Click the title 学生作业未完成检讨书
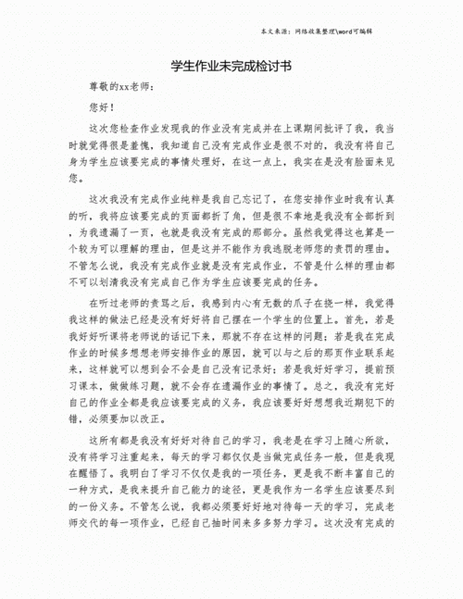tap(231, 67)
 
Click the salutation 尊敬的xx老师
tap(120, 87)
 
